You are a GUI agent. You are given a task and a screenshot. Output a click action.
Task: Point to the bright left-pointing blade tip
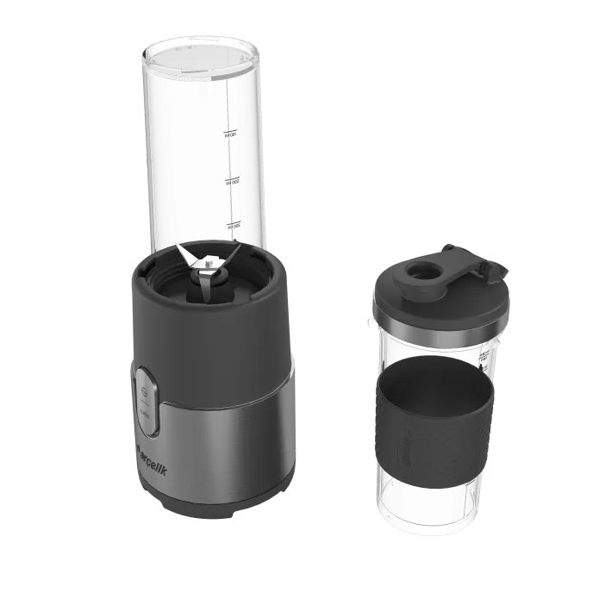pos(179,247)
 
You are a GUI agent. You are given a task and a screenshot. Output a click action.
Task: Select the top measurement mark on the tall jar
pos(230,134)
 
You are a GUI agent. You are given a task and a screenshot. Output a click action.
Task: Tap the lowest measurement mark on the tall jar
pos(230,225)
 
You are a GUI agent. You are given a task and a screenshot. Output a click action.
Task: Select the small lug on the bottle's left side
pos(371,323)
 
